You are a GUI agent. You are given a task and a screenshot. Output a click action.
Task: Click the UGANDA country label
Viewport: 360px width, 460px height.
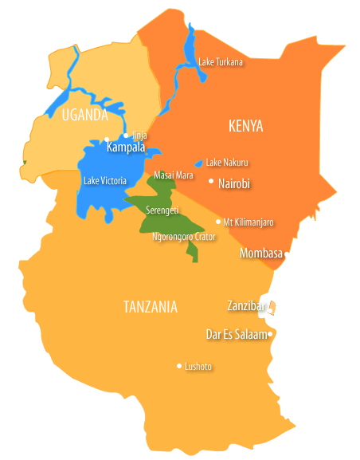pyautogui.click(x=84, y=116)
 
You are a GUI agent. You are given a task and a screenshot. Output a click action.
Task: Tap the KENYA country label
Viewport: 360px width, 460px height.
pyautogui.click(x=245, y=127)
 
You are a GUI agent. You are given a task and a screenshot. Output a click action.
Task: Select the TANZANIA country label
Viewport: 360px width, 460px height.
pyautogui.click(x=151, y=307)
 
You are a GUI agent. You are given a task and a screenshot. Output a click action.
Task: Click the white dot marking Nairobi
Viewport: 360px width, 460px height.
pyautogui.click(x=211, y=182)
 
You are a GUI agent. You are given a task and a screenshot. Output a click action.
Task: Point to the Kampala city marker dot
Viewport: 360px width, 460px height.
pyautogui.click(x=107, y=140)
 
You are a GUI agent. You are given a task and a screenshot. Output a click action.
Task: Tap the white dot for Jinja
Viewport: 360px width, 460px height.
pyautogui.click(x=126, y=136)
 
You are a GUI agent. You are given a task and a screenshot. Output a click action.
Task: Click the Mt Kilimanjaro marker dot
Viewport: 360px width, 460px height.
pyautogui.click(x=218, y=222)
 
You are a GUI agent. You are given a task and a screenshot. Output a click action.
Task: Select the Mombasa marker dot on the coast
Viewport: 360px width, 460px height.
pyautogui.click(x=287, y=255)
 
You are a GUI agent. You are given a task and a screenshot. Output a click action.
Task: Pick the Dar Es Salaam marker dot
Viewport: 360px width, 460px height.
pyautogui.click(x=271, y=334)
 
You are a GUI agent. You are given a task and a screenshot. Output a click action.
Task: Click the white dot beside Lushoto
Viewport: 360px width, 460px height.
pyautogui.click(x=179, y=366)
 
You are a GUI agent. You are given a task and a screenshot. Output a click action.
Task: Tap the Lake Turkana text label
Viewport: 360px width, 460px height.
pyautogui.click(x=220, y=61)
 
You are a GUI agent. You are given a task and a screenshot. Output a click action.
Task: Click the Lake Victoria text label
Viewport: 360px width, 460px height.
pyautogui.click(x=104, y=181)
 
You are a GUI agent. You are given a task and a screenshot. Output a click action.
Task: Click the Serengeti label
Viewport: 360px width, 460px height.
pyautogui.click(x=162, y=210)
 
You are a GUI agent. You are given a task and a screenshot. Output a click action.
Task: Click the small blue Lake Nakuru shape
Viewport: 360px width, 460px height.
pyautogui.click(x=199, y=163)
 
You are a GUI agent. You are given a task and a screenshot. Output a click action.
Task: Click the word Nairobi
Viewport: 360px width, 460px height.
pyautogui.click(x=234, y=183)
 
